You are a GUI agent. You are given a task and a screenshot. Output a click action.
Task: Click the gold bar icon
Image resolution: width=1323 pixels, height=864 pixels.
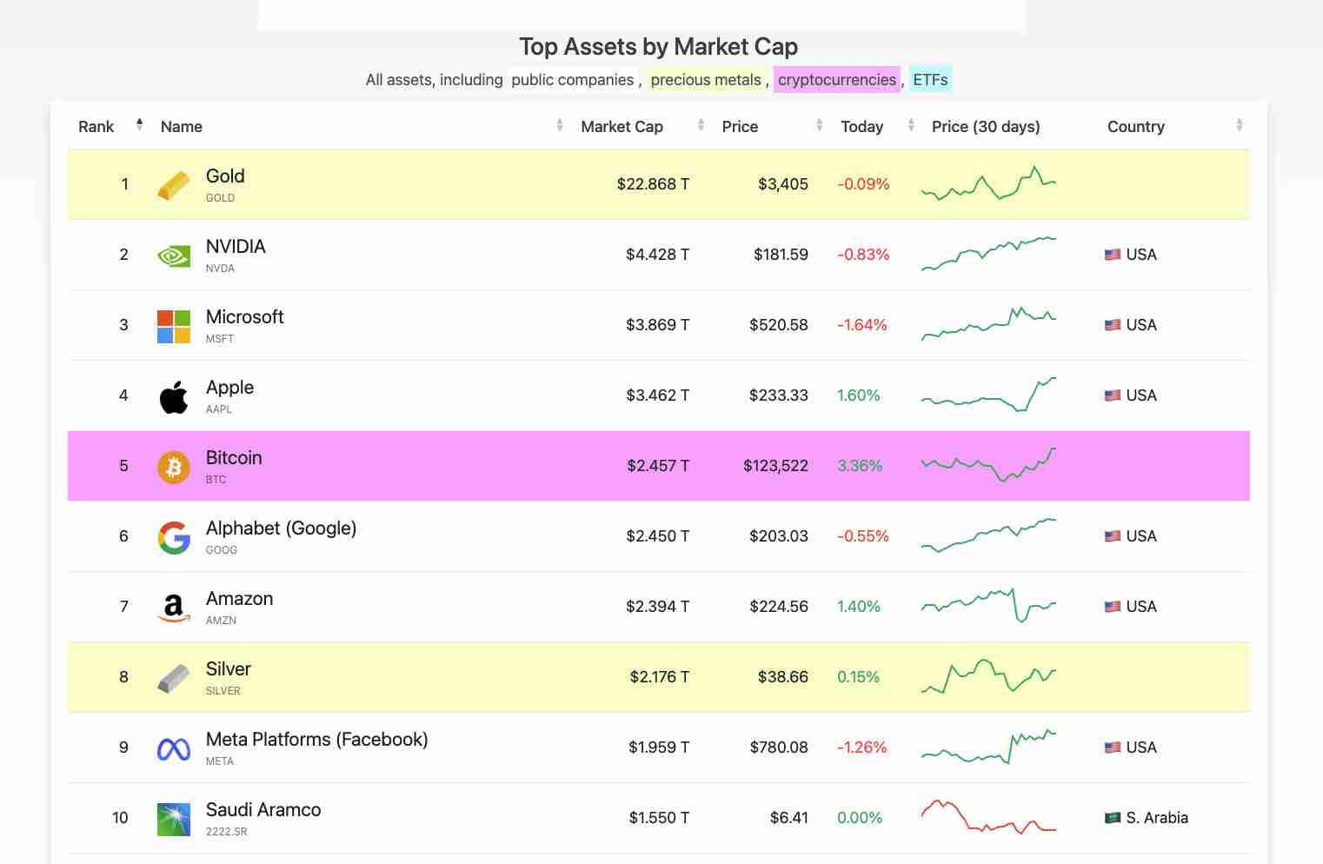point(174,184)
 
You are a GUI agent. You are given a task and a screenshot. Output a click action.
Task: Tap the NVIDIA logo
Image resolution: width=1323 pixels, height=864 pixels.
point(174,256)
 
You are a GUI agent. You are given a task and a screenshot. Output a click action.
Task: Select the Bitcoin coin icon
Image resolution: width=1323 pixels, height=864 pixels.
point(174,467)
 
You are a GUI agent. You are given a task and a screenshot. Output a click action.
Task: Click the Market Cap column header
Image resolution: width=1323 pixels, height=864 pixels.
point(622,127)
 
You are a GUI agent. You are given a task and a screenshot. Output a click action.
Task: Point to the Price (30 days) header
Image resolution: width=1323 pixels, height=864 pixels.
point(985,127)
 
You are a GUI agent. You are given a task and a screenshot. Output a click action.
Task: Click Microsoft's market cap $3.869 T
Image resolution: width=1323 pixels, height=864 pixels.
point(657,325)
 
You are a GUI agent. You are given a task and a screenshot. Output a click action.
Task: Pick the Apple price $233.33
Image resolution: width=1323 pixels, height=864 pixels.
point(778,395)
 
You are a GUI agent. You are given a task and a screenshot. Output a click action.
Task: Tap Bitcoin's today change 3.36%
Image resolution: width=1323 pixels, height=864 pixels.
point(859,466)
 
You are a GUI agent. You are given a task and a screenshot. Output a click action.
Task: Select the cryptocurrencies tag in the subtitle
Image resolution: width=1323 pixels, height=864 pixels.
point(836,80)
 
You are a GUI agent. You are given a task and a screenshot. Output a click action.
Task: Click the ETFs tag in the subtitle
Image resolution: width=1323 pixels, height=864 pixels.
point(930,80)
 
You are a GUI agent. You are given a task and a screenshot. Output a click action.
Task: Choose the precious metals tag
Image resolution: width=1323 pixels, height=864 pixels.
point(705,80)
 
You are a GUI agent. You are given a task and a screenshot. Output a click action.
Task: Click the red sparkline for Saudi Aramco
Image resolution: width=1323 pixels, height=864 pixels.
point(988,817)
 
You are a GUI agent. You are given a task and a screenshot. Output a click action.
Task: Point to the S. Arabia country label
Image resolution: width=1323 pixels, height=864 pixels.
point(1156,818)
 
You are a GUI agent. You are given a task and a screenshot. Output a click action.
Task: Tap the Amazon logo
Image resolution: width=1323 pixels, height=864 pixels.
point(174,608)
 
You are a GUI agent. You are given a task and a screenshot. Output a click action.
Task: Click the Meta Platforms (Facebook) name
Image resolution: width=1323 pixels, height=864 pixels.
point(316,740)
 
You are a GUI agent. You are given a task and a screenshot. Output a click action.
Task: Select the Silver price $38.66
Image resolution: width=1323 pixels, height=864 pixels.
point(782,677)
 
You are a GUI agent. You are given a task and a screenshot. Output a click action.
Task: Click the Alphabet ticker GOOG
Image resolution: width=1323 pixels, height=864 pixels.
point(221,550)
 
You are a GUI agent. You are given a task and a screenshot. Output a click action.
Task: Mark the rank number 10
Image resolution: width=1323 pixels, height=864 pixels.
point(120,818)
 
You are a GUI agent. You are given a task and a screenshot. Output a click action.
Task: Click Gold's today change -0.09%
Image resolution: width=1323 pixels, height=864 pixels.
point(862,184)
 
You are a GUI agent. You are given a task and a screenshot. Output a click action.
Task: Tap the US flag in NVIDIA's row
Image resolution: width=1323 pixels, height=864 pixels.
point(1112,255)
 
